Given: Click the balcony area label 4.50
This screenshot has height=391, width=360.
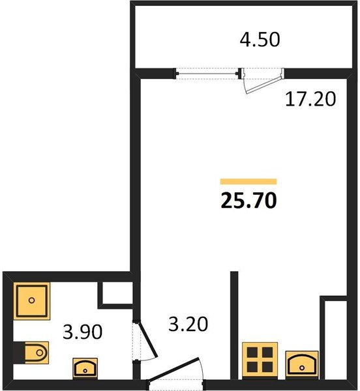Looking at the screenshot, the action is coord(260,40).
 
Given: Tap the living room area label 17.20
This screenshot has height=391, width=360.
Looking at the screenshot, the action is coord(310,99).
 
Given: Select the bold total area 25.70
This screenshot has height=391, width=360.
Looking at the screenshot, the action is coord(248,200).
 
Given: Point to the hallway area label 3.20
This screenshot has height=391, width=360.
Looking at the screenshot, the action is coord(188,324).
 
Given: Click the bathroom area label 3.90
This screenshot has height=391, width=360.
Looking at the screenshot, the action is coord(83,332).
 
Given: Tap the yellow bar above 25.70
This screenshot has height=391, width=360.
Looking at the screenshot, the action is coord(248,182).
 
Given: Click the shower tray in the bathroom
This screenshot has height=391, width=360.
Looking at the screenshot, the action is coord(32,300).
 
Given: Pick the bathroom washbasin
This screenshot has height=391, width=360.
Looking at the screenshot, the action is coord(85,369).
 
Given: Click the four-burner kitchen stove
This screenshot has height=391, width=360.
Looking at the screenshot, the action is coord(260,360).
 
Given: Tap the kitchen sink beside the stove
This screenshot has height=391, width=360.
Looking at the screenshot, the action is coord(302,365).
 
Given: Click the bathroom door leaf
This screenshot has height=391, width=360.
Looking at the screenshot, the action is coord(149,340).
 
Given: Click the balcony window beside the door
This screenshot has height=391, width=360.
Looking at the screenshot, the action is coord(207,73).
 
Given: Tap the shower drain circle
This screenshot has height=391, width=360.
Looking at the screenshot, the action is coord(32,300).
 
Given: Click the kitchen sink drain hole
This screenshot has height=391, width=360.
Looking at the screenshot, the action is coord(302,368).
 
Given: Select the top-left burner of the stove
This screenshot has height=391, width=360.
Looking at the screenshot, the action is coord(252,353).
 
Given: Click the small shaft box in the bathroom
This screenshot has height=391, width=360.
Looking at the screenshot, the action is coord(115,295).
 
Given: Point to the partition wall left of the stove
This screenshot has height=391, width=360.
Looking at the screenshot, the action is coord(234,325).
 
